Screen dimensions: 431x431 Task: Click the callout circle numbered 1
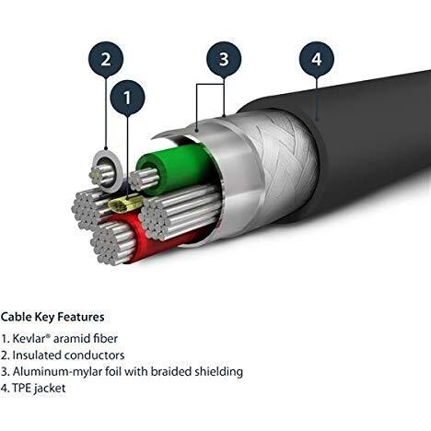[x=127, y=98]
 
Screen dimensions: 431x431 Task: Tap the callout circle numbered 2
[x=106, y=59]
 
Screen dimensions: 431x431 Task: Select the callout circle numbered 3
[x=224, y=59]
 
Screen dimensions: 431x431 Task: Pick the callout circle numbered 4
[x=317, y=59]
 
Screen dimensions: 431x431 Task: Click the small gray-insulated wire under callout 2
[x=106, y=171]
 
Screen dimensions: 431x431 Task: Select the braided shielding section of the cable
[x=279, y=163]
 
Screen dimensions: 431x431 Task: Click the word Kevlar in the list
[x=29, y=339]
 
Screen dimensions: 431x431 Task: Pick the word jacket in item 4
[x=50, y=389]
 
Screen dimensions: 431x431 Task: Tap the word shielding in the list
[x=219, y=372]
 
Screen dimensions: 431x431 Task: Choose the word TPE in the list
[x=21, y=389]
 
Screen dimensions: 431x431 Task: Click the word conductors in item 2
[x=95, y=355]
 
